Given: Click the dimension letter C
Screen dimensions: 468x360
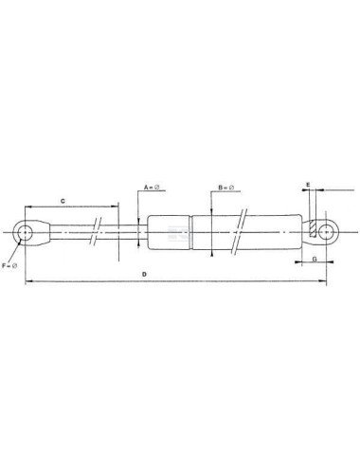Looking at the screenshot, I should [x=63, y=201].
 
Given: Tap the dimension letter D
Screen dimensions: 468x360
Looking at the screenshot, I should [x=144, y=275].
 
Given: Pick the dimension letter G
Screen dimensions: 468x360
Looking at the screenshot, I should [x=312, y=256].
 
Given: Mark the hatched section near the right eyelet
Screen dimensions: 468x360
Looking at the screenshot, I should [x=312, y=229].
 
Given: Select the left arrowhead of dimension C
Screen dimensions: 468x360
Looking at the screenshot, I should [x=28, y=207].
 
